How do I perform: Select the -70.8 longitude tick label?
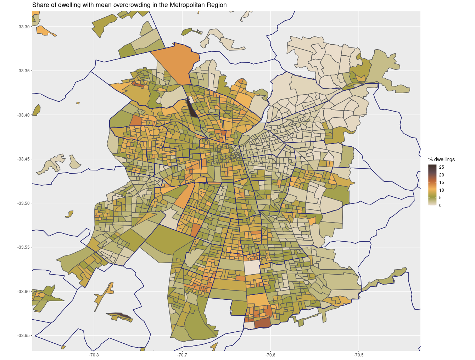[x=94, y=355]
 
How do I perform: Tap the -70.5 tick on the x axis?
[x=359, y=355]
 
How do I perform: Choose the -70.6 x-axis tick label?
[x=270, y=355]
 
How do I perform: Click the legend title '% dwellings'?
[x=441, y=159]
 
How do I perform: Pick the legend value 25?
[x=441, y=167]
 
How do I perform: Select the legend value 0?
[x=440, y=206]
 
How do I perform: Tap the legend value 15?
[x=441, y=182]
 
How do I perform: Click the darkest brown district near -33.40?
[x=192, y=109]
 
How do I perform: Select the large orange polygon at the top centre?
[x=177, y=64]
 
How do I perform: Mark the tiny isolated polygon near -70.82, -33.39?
[x=78, y=103]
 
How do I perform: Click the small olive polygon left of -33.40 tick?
[x=36, y=110]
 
